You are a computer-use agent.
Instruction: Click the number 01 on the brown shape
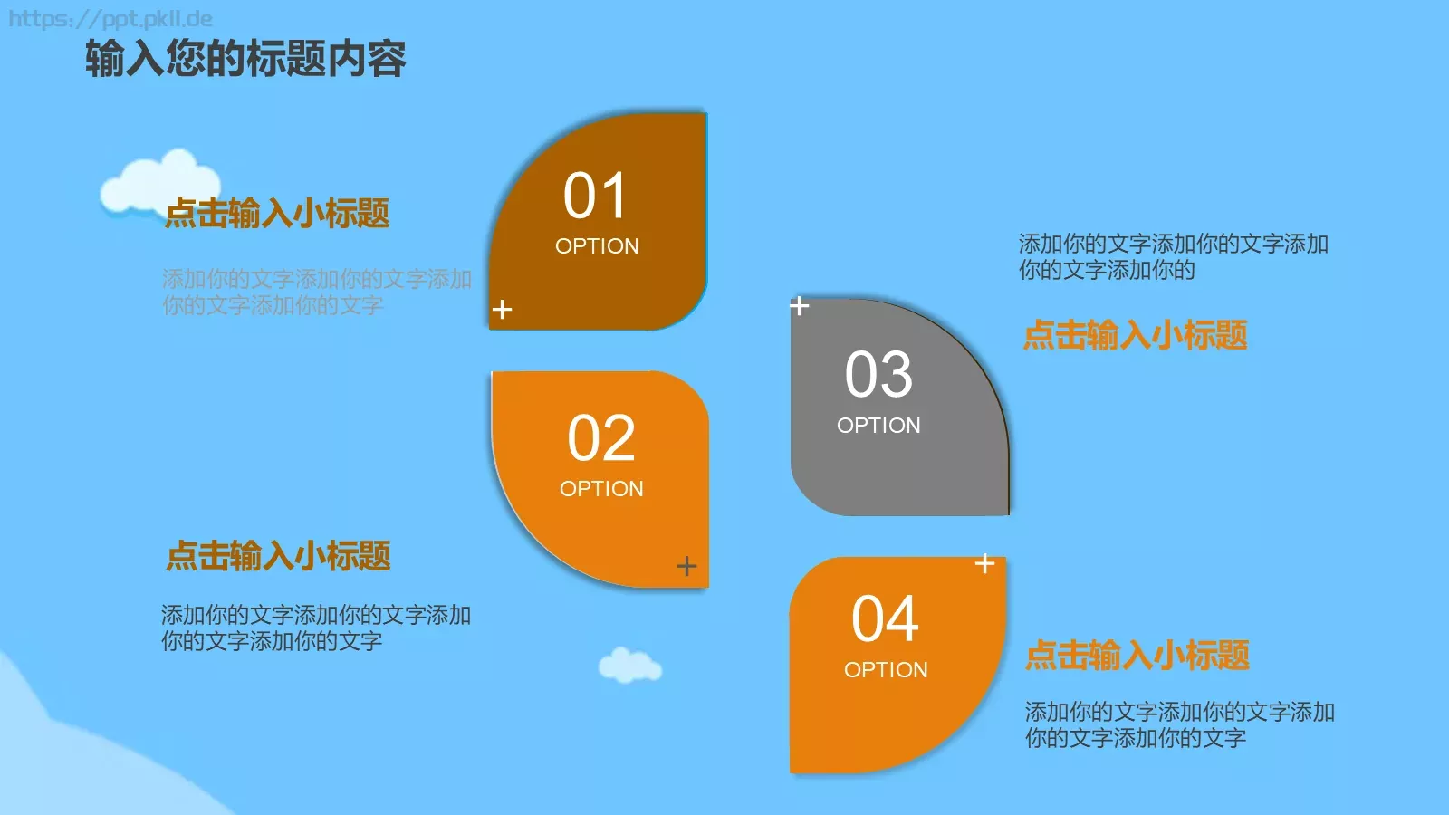coord(595,196)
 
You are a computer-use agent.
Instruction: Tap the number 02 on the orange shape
coord(601,439)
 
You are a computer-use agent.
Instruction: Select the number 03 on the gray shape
coord(878,375)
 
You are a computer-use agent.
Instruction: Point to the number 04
coord(885,619)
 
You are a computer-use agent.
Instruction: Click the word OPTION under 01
coord(597,246)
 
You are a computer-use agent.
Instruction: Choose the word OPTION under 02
coord(601,489)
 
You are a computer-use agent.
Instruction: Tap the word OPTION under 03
coord(878,426)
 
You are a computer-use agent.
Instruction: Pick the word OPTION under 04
coord(886,670)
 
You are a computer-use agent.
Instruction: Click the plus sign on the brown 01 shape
coord(502,310)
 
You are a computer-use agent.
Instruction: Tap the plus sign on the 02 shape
coord(686,566)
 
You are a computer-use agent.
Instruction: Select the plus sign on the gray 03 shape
coord(799,306)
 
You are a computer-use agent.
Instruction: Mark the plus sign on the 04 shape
coord(984,563)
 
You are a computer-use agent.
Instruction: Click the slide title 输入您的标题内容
coord(245,60)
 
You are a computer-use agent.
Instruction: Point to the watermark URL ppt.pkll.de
coord(110,19)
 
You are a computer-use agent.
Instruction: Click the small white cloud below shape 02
coord(629,666)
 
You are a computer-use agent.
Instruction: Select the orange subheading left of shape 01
coord(277,214)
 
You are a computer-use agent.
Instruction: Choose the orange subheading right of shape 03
coord(1135,335)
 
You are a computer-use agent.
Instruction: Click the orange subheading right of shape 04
coord(1137,655)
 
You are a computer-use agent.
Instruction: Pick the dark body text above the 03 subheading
coord(1173,257)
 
